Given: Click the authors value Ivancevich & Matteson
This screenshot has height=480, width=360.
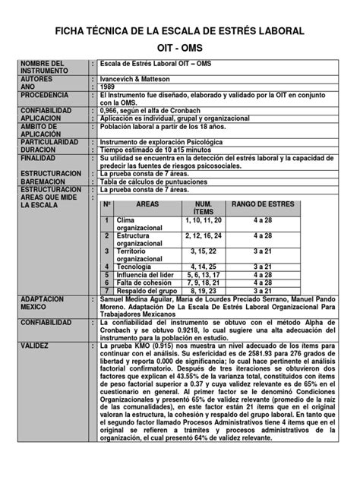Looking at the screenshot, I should pyautogui.click(x=141, y=78).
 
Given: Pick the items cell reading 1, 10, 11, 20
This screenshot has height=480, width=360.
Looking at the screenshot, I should pyautogui.click(x=203, y=219).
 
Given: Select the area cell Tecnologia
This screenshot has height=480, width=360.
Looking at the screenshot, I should pyautogui.click(x=135, y=267).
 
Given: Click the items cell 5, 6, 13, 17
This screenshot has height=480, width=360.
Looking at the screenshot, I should pyautogui.click(x=203, y=274).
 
